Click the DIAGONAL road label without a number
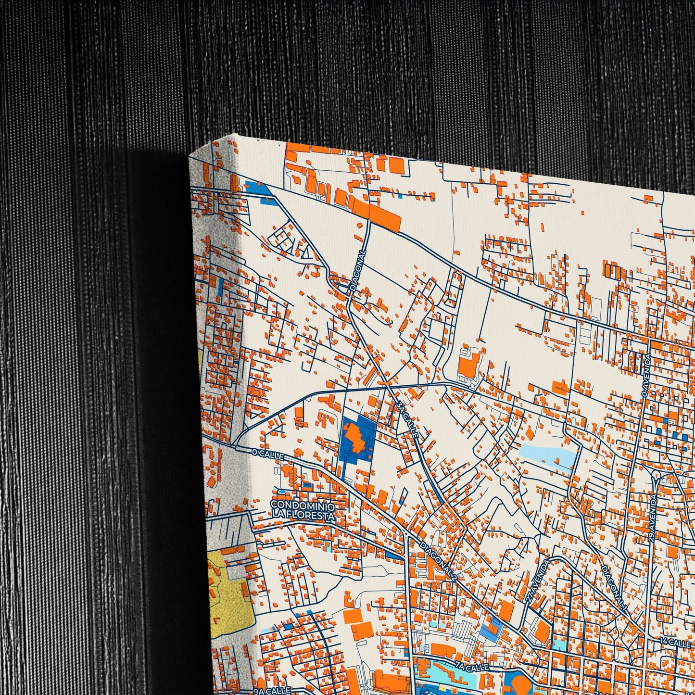(358, 271)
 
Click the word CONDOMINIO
(302, 505)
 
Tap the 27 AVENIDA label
(539, 581)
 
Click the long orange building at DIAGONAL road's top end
(378, 214)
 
